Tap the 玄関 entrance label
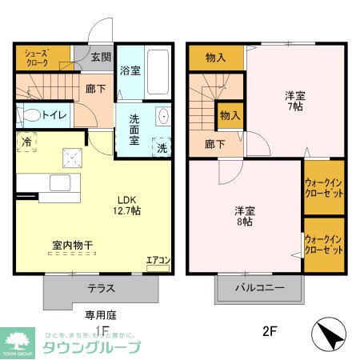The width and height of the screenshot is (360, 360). click(x=100, y=57)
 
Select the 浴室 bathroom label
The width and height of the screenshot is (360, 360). click(x=130, y=70)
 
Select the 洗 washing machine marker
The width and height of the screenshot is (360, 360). click(x=162, y=148)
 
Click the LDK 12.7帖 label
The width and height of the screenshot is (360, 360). click(x=130, y=205)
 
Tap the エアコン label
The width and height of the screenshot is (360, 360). click(x=158, y=259)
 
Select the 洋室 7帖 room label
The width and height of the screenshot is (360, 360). click(x=295, y=101)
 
